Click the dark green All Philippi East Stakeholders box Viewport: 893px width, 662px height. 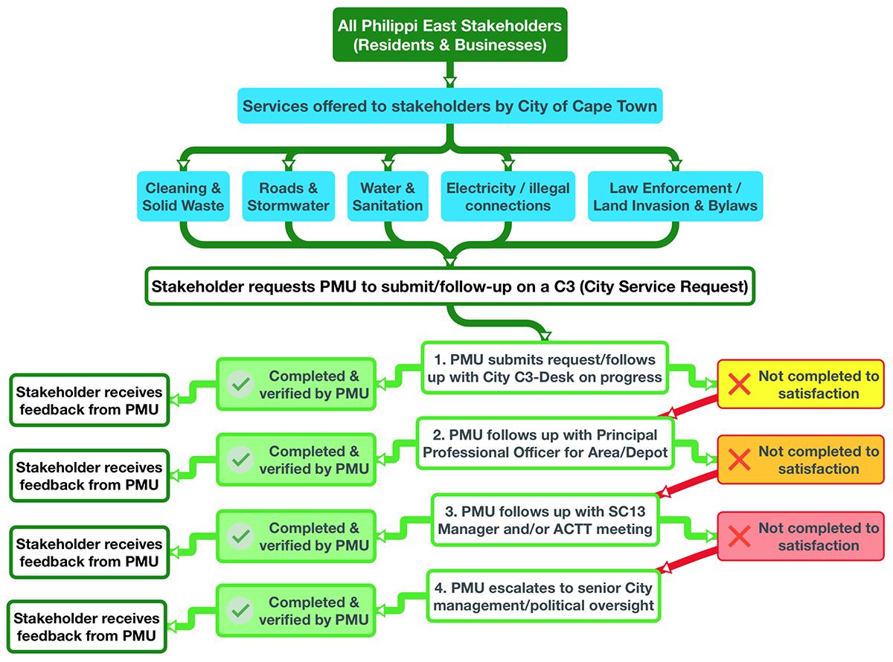click(449, 35)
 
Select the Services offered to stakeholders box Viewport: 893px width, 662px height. click(449, 106)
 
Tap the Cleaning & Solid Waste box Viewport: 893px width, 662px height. click(183, 196)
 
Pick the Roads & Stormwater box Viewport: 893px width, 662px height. click(288, 196)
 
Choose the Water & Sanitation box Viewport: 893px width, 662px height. click(388, 196)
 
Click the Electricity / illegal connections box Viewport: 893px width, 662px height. click(508, 196)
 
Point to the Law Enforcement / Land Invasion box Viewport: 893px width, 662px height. click(675, 196)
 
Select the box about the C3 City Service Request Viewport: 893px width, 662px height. click(449, 286)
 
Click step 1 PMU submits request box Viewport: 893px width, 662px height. click(545, 368)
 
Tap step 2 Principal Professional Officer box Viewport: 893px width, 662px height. click(545, 443)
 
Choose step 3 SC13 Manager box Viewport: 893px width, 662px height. click(545, 520)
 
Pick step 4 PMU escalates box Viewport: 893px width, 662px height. click(543, 596)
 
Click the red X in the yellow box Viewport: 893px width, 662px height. click(739, 384)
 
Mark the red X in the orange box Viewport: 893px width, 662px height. click(739, 459)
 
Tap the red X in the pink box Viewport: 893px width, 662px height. click(739, 536)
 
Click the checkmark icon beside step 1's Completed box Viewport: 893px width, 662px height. click(240, 384)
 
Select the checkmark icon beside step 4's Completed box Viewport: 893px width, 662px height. click(240, 610)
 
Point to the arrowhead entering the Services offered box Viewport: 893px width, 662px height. click(450, 82)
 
